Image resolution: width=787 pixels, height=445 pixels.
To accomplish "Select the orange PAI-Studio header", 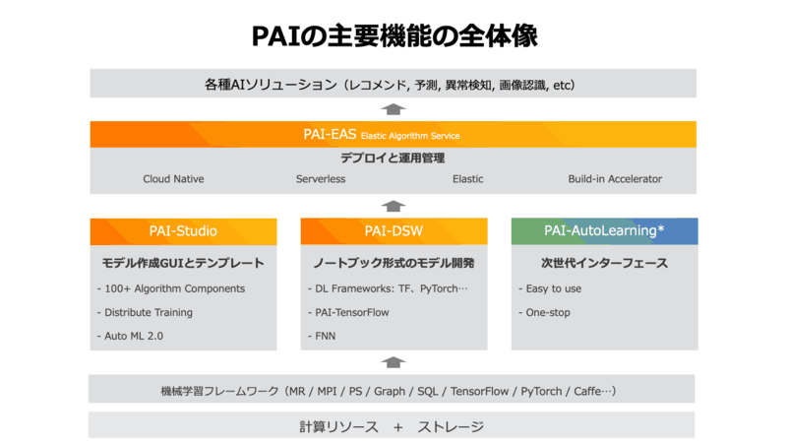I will point(183,231).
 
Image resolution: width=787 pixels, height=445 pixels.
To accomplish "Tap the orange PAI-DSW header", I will point(393,231).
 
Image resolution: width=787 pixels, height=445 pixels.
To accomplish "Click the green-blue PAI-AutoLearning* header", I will point(604,231).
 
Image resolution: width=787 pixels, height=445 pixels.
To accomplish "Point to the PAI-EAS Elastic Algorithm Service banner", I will point(393,135).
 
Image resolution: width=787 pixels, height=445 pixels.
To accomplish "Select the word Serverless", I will point(321,179).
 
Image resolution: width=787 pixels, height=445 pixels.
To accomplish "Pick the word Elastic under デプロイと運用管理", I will point(467,179).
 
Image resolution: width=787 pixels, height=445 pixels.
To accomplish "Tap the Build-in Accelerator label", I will point(615,179).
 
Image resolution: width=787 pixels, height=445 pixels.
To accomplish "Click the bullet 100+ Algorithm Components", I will point(171,288).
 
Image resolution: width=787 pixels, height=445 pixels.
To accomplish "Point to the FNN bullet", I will point(324,336).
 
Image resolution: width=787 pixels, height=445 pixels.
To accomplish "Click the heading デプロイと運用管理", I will point(393,158).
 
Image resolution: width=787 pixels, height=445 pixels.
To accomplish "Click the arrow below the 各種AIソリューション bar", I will point(393,109).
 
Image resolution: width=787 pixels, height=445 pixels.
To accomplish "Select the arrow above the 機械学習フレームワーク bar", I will point(393,362).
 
